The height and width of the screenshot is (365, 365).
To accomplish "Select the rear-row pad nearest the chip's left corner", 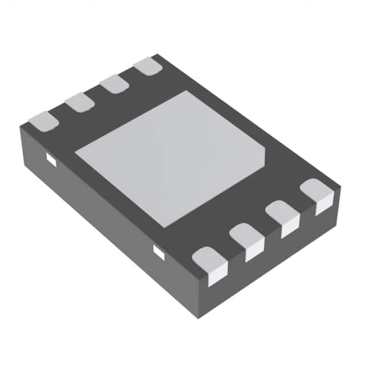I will click(43, 120).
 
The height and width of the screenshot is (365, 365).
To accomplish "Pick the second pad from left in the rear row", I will click(79, 103).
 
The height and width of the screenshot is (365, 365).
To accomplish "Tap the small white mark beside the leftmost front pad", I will click(159, 251).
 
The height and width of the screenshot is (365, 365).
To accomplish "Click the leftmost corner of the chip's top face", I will click(21, 126).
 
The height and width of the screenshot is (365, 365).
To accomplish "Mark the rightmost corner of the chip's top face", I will click(340, 185).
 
